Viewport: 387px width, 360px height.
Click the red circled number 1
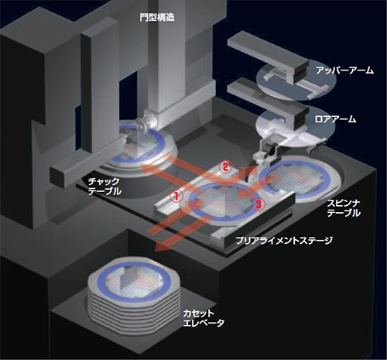[x=176, y=197]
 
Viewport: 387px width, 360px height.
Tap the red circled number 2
[x=225, y=167]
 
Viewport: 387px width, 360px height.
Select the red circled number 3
[x=259, y=204]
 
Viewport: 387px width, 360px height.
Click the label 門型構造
[x=157, y=18]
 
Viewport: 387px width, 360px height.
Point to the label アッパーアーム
[x=344, y=70]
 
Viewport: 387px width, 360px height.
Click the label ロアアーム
[x=335, y=119]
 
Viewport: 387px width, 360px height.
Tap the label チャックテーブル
[x=104, y=186]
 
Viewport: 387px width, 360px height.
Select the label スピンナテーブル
[x=344, y=208]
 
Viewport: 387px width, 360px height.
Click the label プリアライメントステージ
[x=284, y=241]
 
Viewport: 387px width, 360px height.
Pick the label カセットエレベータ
[x=204, y=318]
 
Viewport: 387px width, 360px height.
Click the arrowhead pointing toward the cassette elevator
[x=161, y=248]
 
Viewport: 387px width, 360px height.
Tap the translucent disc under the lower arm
[x=293, y=127]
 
